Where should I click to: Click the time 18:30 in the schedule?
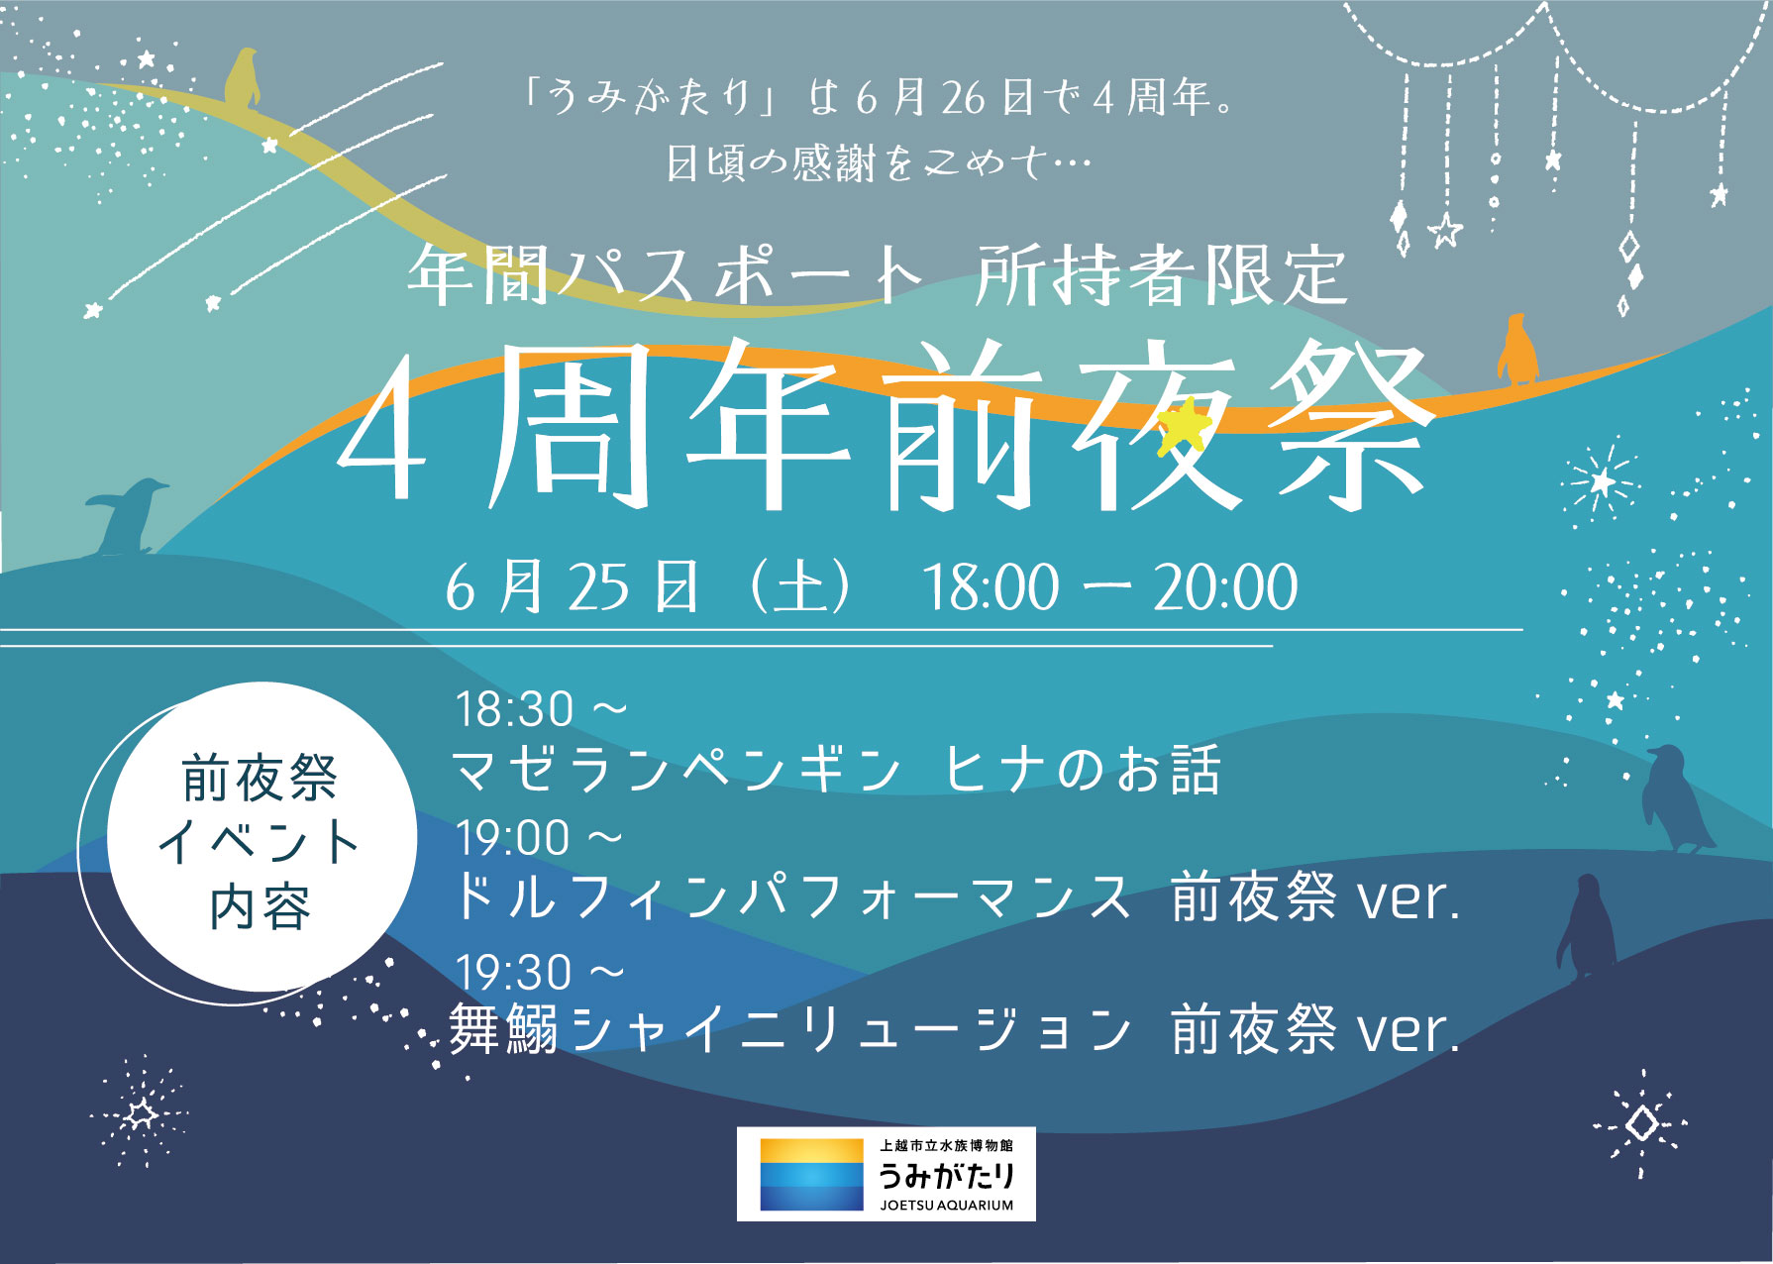[514, 709]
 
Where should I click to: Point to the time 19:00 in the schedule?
[513, 838]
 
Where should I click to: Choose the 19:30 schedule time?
[514, 972]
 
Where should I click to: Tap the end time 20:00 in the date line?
[1226, 587]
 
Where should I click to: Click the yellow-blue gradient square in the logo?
[812, 1174]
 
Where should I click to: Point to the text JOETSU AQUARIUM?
[947, 1206]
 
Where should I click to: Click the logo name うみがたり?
[947, 1176]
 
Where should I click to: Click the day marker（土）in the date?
[800, 587]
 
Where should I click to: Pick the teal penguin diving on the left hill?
[127, 516]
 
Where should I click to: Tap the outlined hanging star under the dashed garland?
[1445, 231]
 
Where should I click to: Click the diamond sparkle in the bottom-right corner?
[1641, 1123]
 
